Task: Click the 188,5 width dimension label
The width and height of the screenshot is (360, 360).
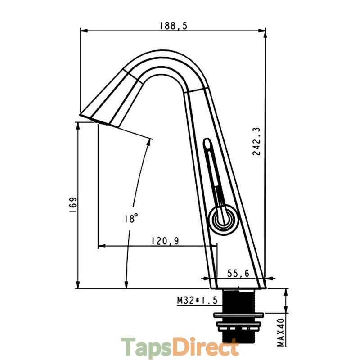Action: [x=174, y=26]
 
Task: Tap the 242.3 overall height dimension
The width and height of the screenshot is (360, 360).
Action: [x=256, y=141]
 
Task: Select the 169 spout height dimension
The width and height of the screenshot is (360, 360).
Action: [x=73, y=205]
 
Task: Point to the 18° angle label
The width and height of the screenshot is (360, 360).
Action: [x=131, y=218]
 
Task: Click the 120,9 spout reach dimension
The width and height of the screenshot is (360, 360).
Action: [x=165, y=241]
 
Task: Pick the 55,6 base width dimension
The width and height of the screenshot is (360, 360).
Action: [x=238, y=273]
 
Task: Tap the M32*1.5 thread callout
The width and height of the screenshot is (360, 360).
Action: [x=197, y=300]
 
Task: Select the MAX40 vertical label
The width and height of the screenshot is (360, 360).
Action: [x=281, y=332]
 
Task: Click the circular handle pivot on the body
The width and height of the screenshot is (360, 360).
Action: [x=223, y=220]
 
